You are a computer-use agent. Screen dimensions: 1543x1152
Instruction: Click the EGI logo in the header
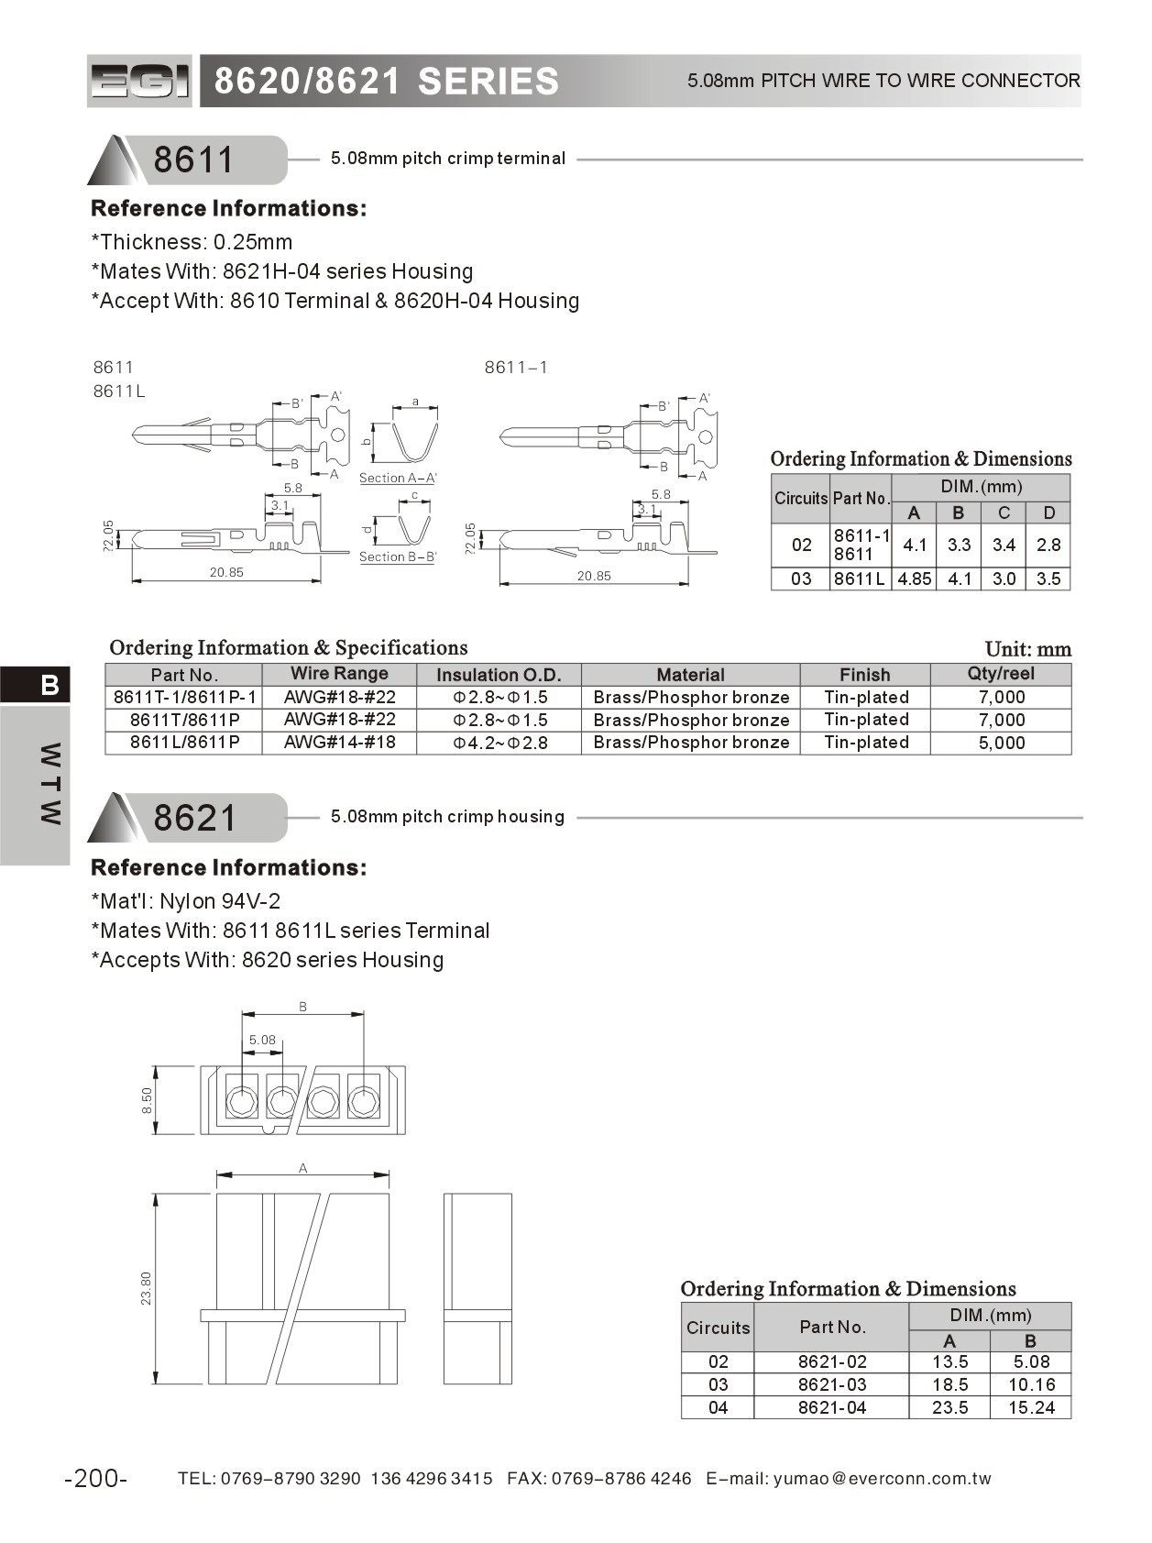(139, 82)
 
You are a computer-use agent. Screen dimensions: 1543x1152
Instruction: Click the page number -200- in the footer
(96, 1478)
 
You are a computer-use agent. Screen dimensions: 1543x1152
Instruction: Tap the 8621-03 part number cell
(831, 1384)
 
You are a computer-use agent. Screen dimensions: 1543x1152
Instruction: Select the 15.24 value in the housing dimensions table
(1031, 1407)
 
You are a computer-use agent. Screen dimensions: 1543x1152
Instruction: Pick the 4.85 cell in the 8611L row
(914, 579)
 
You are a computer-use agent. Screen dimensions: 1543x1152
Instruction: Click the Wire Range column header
(339, 674)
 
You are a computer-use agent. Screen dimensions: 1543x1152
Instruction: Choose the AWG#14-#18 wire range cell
(339, 742)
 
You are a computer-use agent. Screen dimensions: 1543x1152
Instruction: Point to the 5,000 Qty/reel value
(1001, 743)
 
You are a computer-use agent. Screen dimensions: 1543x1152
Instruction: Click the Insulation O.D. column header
(499, 675)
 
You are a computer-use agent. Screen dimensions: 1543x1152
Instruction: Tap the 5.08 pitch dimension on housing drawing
(262, 1040)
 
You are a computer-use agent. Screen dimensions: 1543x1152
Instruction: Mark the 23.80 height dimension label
(147, 1288)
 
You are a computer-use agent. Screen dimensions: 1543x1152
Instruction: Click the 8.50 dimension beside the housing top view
(147, 1100)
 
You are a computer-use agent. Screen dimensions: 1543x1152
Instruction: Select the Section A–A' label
(398, 478)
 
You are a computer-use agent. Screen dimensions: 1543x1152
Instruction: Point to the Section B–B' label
(398, 557)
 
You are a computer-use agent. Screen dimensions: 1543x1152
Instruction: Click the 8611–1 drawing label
(516, 368)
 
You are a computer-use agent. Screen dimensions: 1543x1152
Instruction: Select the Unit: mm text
(1027, 649)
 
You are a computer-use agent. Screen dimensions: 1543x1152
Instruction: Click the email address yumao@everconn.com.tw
(882, 1478)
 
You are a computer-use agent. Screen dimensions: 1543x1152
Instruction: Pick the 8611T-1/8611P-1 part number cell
(184, 697)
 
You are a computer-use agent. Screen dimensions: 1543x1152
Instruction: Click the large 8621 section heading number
(194, 818)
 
